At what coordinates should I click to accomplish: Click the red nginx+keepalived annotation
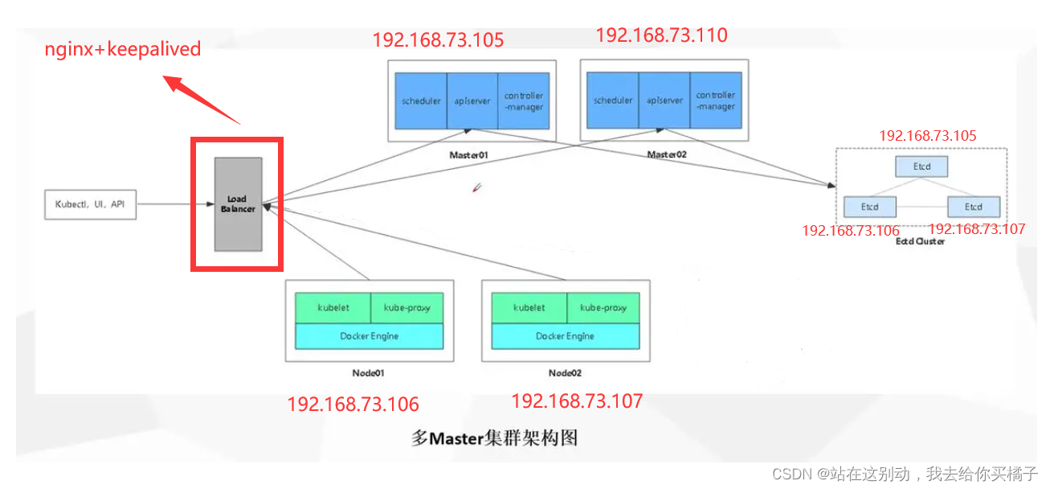pyautogui.click(x=123, y=49)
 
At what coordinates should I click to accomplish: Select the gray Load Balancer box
pyautogui.click(x=238, y=204)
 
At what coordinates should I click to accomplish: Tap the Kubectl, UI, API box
pyautogui.click(x=90, y=204)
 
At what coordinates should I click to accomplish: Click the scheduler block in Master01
pyautogui.click(x=421, y=101)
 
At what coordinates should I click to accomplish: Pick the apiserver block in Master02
pyautogui.click(x=664, y=101)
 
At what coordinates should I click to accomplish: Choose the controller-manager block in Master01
pyautogui.click(x=524, y=101)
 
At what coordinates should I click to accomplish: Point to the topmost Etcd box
pyautogui.click(x=921, y=166)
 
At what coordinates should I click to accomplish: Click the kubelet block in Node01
pyautogui.click(x=333, y=308)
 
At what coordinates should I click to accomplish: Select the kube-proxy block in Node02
pyautogui.click(x=603, y=308)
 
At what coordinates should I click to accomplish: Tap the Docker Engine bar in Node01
pyautogui.click(x=369, y=336)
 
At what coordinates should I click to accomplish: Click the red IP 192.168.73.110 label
pyautogui.click(x=661, y=35)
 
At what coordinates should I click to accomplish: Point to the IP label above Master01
pyautogui.click(x=438, y=40)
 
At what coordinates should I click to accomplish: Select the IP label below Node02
pyautogui.click(x=577, y=401)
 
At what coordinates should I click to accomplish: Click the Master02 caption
pyautogui.click(x=667, y=154)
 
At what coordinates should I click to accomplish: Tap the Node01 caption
pyautogui.click(x=369, y=373)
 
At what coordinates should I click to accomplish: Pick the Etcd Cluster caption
pyautogui.click(x=920, y=240)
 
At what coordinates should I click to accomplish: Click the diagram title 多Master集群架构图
pyautogui.click(x=494, y=438)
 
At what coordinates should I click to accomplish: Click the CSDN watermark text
pyautogui.click(x=905, y=474)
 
